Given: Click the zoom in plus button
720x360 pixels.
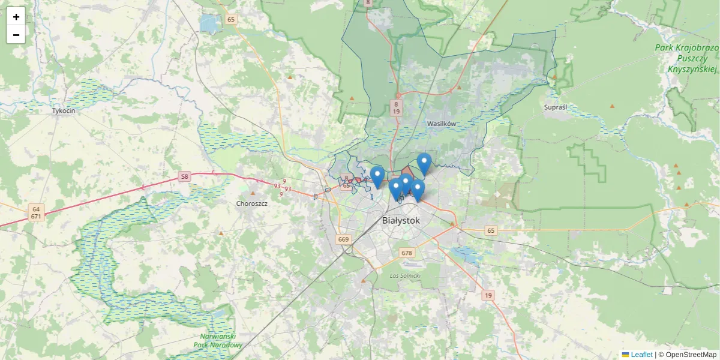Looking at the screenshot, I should coord(16,17).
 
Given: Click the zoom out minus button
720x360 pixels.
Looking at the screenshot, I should coord(16,35).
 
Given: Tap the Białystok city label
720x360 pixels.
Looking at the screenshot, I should coord(401,221).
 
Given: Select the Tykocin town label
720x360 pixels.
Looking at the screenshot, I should coord(64,111).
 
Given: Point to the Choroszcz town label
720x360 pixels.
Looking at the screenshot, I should coord(251,203).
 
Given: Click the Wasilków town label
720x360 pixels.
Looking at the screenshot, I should coord(442,124).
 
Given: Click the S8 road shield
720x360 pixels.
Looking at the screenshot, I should coord(184,177).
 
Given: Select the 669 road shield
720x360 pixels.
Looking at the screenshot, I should coord(343,239).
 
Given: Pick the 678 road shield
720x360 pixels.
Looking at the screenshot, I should coord(407,253).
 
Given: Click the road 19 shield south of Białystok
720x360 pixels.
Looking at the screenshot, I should coord(488,295).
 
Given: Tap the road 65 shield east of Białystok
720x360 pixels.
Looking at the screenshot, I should coord(491,230).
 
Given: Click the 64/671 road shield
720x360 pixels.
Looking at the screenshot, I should coord(36,212).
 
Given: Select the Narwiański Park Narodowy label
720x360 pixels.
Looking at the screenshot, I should coord(219,341).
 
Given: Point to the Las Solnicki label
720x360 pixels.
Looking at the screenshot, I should coord(405,275).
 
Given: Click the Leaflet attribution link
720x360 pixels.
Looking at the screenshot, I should coord(641,355).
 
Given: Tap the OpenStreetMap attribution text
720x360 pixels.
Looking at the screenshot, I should coord(691,355).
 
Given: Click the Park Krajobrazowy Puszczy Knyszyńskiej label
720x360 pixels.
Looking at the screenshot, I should coord(686,58).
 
